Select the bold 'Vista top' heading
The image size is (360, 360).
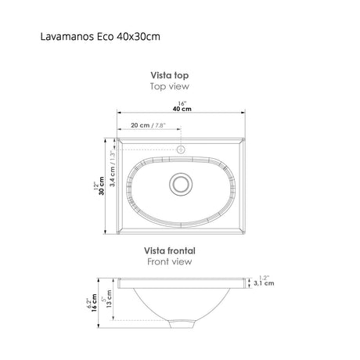click(170, 76)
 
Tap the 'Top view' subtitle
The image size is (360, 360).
click(170, 87)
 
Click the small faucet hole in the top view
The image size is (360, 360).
click(180, 149)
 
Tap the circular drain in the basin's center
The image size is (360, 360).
click(181, 183)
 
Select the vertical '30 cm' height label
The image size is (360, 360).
click(101, 189)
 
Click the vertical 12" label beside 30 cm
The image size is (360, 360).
click(94, 189)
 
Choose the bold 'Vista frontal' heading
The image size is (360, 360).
click(170, 250)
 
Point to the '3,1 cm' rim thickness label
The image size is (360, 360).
click(265, 285)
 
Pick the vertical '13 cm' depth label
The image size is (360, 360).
click(109, 300)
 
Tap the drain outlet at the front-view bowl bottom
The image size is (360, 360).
click(181, 322)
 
